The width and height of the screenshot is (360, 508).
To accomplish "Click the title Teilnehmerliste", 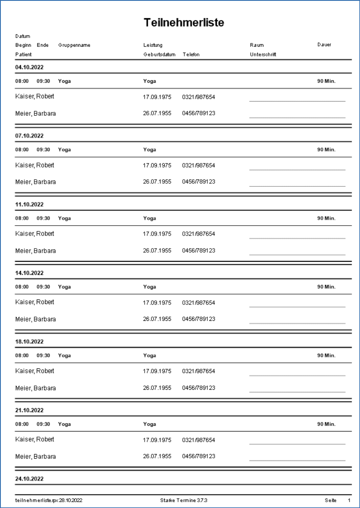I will pyautogui.click(x=184, y=23).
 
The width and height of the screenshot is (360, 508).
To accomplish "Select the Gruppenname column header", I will pyautogui.click(x=74, y=45).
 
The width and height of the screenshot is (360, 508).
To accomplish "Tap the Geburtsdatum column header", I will pyautogui.click(x=159, y=55).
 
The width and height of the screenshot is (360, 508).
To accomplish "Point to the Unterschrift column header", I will pyautogui.click(x=263, y=55).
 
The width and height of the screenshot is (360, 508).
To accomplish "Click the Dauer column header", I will pyautogui.click(x=324, y=45).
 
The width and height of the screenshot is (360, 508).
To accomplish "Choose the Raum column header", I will pyautogui.click(x=257, y=45).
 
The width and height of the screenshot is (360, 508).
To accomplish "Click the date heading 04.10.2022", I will pyautogui.click(x=29, y=67).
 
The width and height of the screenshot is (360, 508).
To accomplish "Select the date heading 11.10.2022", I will pyautogui.click(x=29, y=204).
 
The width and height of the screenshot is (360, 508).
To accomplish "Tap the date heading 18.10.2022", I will pyautogui.click(x=29, y=341).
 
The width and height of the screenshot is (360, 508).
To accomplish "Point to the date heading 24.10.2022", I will pyautogui.click(x=29, y=479).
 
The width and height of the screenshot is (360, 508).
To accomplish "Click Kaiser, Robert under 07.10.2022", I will pyautogui.click(x=35, y=165).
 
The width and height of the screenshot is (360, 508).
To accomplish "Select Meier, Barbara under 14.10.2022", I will pyautogui.click(x=36, y=319).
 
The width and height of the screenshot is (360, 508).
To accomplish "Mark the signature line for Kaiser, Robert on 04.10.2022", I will pyautogui.click(x=297, y=101).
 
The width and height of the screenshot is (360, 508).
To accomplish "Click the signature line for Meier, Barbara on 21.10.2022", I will pyautogui.click(x=297, y=460).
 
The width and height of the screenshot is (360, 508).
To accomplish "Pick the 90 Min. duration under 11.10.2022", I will pyautogui.click(x=326, y=218).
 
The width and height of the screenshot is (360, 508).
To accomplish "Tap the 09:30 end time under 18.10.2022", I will pyautogui.click(x=43, y=356).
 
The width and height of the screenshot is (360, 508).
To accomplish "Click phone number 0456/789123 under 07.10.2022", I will pyautogui.click(x=199, y=182).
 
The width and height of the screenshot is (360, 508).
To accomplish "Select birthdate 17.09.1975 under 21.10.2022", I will pyautogui.click(x=157, y=440).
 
